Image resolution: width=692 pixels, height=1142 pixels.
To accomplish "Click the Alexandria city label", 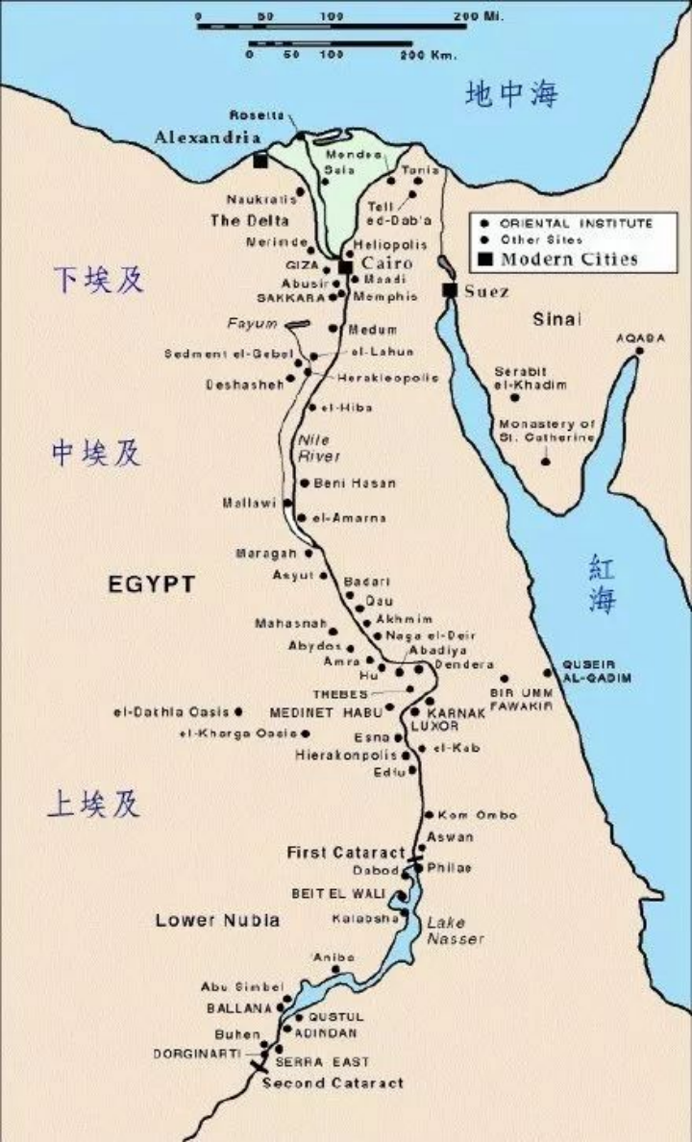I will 208,138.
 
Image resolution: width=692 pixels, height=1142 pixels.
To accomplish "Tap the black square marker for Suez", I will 448,290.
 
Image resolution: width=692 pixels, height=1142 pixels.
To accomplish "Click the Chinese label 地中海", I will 511,94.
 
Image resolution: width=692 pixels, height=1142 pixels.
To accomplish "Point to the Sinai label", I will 557,319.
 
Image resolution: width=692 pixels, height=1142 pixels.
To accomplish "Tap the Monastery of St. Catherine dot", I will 546,461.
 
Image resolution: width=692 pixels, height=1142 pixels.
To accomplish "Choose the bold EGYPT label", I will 151,583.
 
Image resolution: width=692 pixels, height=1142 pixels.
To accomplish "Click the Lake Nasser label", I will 456,931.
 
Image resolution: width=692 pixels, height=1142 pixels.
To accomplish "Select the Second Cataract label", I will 333,1082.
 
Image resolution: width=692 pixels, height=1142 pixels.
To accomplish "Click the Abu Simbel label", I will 241,987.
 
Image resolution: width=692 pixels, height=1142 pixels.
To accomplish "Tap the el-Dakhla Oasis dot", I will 239,712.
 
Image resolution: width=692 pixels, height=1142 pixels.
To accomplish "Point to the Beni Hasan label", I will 355,483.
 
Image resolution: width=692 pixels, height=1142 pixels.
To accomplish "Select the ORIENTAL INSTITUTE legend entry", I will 576,223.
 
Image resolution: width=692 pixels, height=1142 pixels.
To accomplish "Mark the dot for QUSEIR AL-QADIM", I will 549,672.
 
